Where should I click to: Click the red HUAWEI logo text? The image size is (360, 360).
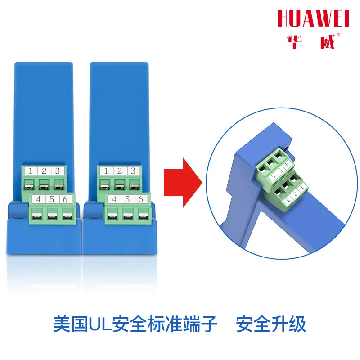click(x=313, y=18)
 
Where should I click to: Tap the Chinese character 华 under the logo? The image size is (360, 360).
click(x=294, y=42)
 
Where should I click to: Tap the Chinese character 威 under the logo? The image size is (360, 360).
click(x=328, y=42)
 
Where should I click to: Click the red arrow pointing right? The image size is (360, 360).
click(x=183, y=183)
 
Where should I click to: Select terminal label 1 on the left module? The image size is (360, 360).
click(x=31, y=171)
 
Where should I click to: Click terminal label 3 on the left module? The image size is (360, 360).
click(x=58, y=171)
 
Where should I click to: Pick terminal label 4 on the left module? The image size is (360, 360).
click(x=38, y=199)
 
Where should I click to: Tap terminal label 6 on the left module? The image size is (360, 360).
click(x=65, y=199)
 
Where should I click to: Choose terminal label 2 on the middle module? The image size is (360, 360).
click(x=119, y=171)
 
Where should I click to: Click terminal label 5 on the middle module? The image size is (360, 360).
click(x=127, y=199)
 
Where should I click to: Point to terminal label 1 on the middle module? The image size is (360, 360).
click(x=106, y=171)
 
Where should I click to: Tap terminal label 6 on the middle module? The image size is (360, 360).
click(x=141, y=199)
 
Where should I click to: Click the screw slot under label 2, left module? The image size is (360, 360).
click(x=44, y=185)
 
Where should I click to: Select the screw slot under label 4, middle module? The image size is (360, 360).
click(x=112, y=216)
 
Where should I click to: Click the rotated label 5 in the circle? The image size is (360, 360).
click(x=280, y=171)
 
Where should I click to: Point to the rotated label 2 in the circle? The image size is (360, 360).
click(x=296, y=193)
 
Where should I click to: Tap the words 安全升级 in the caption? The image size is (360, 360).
click(x=271, y=324)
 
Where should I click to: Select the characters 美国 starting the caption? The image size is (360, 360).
click(x=71, y=324)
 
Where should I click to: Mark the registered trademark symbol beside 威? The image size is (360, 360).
click(x=338, y=35)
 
